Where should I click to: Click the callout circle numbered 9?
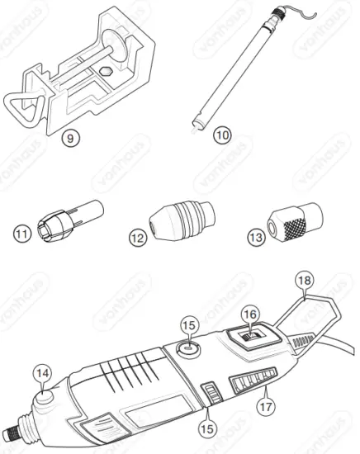[73, 139]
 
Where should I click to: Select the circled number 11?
[21, 234]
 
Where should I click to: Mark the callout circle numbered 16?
[249, 315]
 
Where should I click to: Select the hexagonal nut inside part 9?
[107, 72]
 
